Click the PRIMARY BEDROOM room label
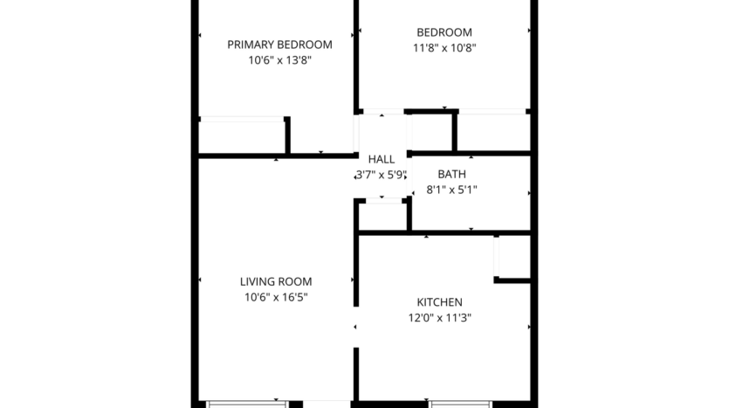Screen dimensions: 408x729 point(279,45)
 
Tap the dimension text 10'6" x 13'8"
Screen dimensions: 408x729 point(279,60)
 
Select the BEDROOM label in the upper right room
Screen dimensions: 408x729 point(444,32)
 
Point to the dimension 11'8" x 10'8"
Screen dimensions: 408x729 point(444,48)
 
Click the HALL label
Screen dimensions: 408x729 point(382,159)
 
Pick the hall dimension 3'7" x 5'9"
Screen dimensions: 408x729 point(382,174)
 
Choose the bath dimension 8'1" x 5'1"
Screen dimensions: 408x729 point(451,189)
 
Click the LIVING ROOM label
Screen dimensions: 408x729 point(276,281)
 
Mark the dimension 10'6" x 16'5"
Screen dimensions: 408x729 point(276,297)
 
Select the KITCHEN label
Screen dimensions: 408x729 point(440,302)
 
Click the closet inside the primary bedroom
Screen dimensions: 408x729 point(242,136)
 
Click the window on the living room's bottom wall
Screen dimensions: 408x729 point(245,404)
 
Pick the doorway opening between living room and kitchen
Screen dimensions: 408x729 point(355,326)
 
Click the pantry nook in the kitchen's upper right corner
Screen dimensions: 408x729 point(512,257)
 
